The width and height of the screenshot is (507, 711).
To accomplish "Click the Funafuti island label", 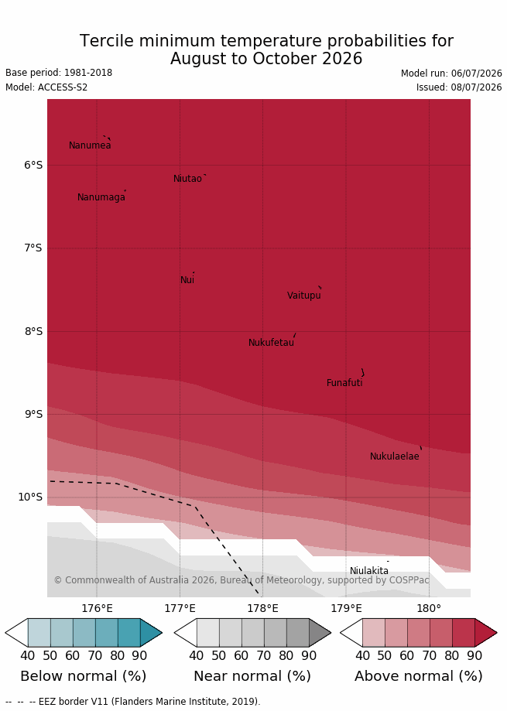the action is tap(344, 383).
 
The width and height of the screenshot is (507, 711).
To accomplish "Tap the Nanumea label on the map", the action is tap(90, 145).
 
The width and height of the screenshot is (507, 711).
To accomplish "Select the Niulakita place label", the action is tap(368, 571).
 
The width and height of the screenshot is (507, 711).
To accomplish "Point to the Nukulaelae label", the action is tap(395, 456).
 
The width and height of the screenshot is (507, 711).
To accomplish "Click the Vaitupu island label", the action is tap(304, 296).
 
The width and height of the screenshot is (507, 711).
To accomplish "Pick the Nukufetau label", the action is tap(271, 343).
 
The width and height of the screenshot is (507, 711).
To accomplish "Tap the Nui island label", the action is tap(187, 280).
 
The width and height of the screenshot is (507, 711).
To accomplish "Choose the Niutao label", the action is tap(187, 179).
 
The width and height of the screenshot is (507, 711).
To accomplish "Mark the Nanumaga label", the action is tap(101, 198).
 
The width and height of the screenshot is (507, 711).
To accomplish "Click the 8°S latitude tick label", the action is tap(33, 331).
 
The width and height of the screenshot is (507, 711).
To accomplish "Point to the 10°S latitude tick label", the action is tap(30, 497).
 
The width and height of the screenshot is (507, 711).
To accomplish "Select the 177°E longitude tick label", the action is tap(180, 609).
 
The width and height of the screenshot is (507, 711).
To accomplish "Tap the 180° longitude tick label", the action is tap(429, 609).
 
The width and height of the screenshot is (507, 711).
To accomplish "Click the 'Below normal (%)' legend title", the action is tap(84, 676).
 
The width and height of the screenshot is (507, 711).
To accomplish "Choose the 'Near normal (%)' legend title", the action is tap(252, 676).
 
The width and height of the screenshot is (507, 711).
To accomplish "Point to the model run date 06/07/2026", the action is tap(476, 73).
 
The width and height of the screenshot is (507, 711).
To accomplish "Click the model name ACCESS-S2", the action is tap(63, 87).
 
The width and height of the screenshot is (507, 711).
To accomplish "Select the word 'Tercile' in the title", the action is tap(107, 41).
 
